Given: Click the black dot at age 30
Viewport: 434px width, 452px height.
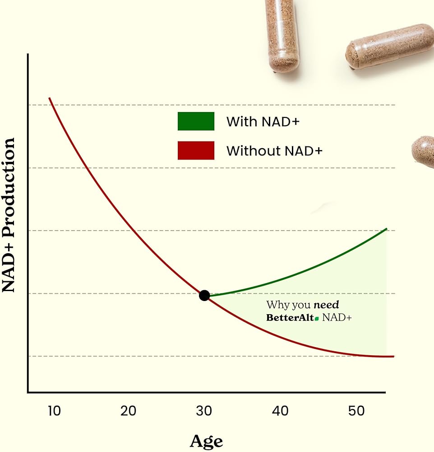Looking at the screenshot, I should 204,296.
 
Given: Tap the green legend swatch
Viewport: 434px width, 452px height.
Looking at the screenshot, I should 196,121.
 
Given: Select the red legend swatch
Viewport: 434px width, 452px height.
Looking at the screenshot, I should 196,151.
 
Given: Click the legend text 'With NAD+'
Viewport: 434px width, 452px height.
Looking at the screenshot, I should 263,122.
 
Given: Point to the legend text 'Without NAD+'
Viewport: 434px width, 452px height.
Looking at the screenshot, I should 274,151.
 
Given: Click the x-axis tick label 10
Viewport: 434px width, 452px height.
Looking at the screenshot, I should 54,411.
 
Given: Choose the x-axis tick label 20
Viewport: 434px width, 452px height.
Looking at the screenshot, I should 129,411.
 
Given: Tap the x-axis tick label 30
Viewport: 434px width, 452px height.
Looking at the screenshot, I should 204,411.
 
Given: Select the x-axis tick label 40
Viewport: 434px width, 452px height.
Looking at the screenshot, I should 280,411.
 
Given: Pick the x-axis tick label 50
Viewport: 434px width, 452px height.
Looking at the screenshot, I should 356,411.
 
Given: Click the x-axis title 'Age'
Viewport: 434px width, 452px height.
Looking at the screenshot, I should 206,440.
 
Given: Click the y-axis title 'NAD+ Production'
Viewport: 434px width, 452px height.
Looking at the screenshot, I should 9,215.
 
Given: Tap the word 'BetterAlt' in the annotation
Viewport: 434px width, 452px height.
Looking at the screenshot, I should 290,318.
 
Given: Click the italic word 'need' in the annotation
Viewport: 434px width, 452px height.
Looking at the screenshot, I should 326,305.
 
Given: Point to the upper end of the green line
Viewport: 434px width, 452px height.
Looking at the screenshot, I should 387,229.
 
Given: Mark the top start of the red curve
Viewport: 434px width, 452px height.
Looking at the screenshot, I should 50,98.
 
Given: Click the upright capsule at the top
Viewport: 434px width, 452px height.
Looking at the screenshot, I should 282,34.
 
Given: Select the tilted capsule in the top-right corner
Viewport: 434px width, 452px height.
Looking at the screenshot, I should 389,46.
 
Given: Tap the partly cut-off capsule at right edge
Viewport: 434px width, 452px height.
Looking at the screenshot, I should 424,151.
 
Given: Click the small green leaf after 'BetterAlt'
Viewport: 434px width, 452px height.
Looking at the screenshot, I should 317,319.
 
